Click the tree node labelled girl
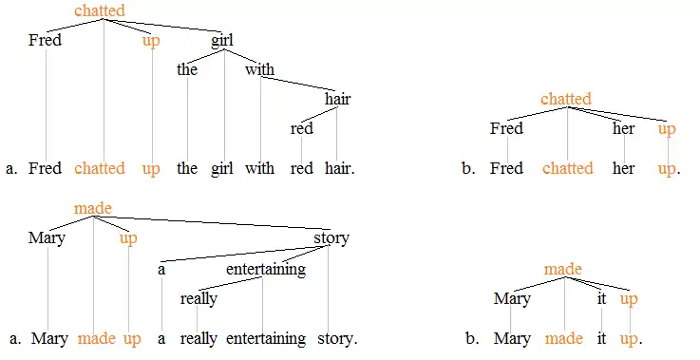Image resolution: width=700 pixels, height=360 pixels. (222, 41)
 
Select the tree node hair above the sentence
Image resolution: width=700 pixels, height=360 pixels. (337, 99)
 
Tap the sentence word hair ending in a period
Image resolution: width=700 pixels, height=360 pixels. (339, 169)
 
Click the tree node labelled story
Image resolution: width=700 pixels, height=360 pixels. (331, 238)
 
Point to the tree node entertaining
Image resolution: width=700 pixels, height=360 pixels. (265, 269)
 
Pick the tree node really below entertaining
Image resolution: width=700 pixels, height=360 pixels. (199, 298)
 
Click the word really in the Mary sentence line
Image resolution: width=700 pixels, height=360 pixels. (199, 338)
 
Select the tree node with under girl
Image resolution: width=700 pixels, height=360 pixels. (259, 69)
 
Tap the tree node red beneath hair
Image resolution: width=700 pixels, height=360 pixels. (302, 128)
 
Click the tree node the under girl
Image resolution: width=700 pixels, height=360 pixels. (187, 69)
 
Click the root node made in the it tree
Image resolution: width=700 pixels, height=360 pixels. (562, 270)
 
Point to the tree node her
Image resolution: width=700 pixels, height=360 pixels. (623, 128)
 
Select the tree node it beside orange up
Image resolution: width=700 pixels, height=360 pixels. (601, 298)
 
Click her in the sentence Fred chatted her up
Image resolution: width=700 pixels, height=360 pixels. (623, 169)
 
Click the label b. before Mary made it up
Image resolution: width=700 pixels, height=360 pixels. (472, 338)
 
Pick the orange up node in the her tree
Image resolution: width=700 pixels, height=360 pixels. (667, 128)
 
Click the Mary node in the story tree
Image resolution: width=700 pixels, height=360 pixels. (47, 238)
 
